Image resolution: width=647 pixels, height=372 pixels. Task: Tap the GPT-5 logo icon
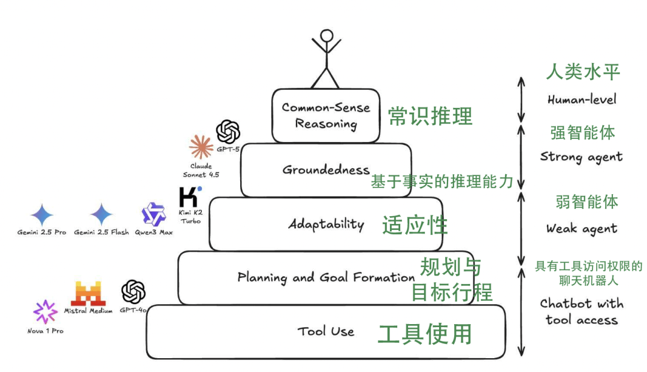[x=228, y=132]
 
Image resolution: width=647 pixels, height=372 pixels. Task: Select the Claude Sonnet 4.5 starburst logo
[x=201, y=147]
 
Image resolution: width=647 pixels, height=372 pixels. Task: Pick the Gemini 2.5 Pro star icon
[x=42, y=214]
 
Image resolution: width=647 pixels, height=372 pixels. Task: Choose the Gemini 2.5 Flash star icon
[x=101, y=214]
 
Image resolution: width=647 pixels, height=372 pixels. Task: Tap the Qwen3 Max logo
[x=153, y=214]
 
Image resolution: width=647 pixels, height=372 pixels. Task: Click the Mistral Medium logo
[x=88, y=293]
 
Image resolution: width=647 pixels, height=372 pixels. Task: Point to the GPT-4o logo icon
[x=134, y=292]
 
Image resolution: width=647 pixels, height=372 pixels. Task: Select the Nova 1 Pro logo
[x=45, y=312]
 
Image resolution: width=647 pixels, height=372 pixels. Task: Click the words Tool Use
[x=326, y=331]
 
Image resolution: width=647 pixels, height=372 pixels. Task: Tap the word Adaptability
[x=326, y=225]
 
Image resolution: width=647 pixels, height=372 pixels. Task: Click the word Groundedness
[x=326, y=170]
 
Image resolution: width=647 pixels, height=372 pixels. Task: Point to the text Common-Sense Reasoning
[x=326, y=116]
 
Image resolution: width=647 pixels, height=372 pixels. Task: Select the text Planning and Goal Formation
[x=326, y=277]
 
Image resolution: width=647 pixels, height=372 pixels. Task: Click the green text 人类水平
[x=582, y=72]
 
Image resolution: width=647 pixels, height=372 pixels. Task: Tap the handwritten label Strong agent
[x=581, y=157]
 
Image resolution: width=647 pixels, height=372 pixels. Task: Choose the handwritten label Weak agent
[x=581, y=228]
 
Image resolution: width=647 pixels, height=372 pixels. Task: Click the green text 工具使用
[x=425, y=334]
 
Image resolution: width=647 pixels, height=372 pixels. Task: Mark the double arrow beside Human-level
[x=521, y=99]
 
